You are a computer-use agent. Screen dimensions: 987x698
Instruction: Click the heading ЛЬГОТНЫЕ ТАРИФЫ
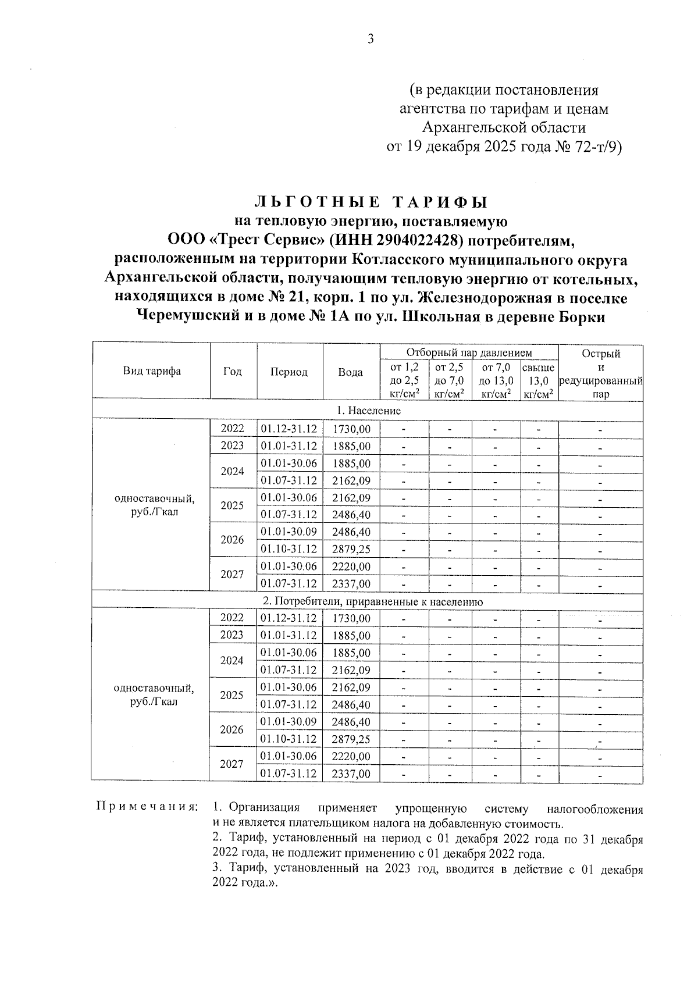click(371, 202)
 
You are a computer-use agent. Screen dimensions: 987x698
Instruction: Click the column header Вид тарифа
click(151, 371)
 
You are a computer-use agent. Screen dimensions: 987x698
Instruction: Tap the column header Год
click(233, 371)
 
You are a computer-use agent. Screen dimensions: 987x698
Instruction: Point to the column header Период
click(289, 372)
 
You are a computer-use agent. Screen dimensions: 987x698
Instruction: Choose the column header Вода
click(351, 372)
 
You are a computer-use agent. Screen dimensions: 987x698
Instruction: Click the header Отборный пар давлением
click(469, 352)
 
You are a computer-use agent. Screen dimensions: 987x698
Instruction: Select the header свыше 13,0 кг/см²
click(538, 381)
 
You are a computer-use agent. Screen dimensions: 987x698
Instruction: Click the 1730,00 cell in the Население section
click(351, 429)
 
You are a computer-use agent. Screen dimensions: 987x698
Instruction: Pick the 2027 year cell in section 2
click(232, 764)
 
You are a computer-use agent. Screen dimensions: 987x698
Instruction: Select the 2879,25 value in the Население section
click(351, 549)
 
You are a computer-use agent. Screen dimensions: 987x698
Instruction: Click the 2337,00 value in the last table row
click(351, 774)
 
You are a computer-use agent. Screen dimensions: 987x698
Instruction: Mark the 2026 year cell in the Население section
click(232, 540)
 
